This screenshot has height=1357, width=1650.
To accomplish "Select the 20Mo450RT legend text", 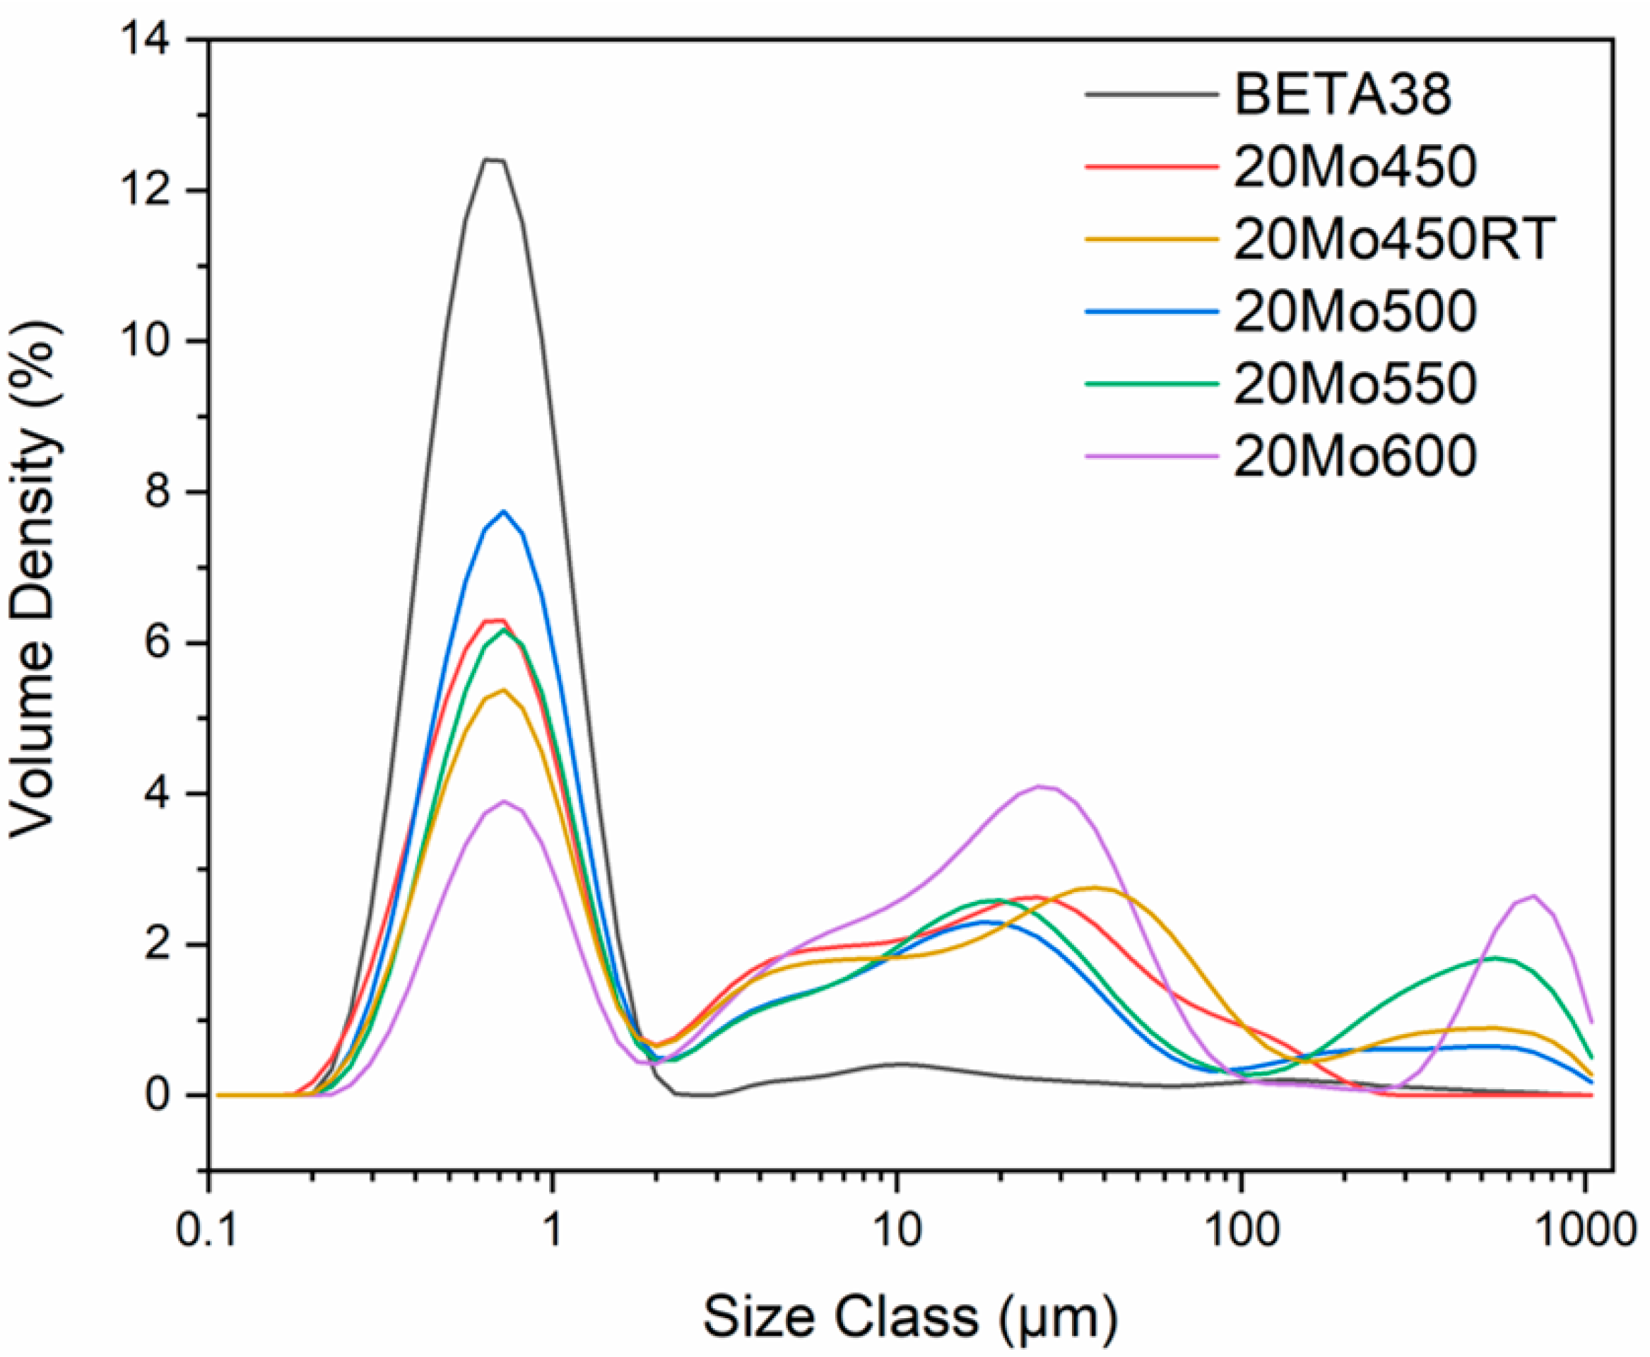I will [1392, 238].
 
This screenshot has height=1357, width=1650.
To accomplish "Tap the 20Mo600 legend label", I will [1355, 456].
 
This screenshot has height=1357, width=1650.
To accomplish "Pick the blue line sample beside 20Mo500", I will [1151, 311].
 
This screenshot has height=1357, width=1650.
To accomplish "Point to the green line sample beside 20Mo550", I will [1151, 383].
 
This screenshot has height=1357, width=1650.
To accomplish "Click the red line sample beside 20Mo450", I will [1151, 167].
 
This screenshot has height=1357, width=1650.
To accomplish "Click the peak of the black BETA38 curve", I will [494, 160].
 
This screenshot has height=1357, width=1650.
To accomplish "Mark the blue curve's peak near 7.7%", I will [504, 511].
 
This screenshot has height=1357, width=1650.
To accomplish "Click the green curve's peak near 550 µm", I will [1495, 958].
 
